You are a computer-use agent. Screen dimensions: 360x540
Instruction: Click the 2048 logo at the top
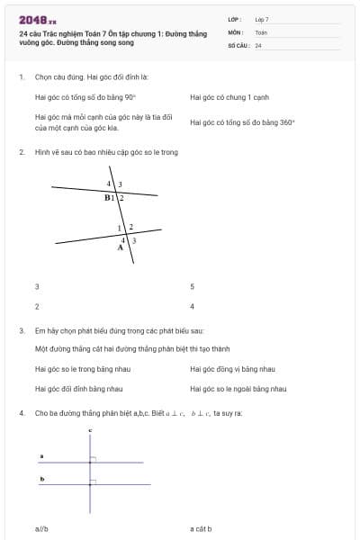[37, 19]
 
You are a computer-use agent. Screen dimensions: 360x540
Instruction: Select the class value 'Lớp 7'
[262, 19]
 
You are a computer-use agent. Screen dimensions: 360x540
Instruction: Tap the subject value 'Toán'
[261, 31]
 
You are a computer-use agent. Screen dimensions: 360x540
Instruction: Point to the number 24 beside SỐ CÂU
[258, 45]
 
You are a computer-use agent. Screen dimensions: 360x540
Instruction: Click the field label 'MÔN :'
[236, 31]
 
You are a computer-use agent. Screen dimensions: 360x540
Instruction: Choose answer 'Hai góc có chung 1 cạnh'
[229, 97]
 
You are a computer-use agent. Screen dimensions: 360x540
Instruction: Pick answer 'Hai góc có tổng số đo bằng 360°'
[242, 122]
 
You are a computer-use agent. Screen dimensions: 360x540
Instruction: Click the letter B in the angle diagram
[107, 197]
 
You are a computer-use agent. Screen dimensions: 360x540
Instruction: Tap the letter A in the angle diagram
[120, 247]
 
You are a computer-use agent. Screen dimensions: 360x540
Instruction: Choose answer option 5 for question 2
[193, 287]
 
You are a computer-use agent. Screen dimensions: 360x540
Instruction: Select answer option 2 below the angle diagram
[37, 307]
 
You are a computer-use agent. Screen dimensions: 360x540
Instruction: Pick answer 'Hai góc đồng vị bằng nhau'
[232, 369]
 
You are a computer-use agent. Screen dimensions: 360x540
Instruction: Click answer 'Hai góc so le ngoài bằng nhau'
[238, 389]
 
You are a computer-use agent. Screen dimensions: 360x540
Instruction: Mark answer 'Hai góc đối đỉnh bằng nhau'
[78, 389]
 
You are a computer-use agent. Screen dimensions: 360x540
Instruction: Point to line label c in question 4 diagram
[91, 431]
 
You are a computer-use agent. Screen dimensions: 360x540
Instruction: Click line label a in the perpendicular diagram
[41, 456]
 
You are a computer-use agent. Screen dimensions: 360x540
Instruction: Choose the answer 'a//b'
[41, 529]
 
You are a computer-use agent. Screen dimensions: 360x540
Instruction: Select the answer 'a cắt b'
[201, 529]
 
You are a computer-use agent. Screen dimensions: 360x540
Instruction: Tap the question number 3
[21, 330]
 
